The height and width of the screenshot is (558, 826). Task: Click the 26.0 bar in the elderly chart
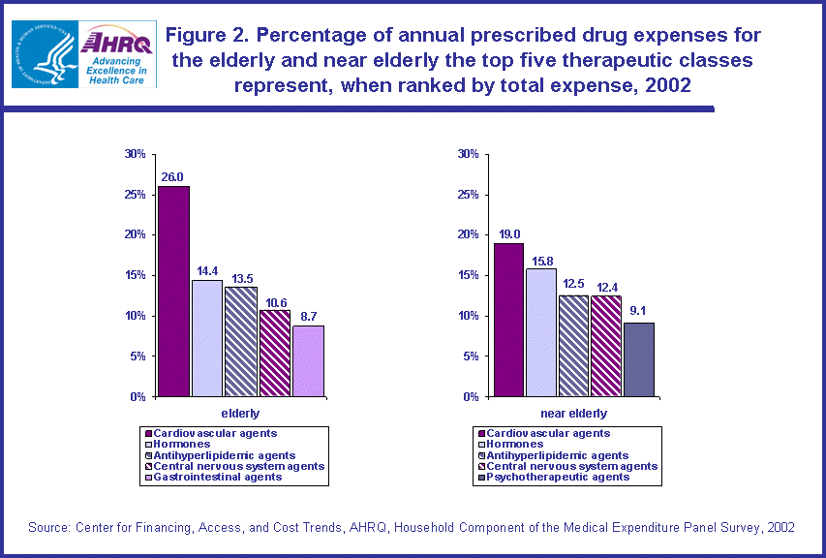(173, 291)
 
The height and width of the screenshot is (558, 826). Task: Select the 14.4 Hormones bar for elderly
(207, 338)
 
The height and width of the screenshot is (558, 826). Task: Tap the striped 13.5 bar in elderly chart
(241, 341)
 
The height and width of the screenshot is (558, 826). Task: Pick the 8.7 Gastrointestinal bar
(308, 360)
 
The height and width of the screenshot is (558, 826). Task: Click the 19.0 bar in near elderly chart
(508, 320)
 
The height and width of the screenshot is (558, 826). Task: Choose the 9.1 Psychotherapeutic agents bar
(639, 359)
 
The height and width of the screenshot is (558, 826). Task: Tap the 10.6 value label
(275, 301)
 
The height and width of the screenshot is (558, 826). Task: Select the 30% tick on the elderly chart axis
(135, 154)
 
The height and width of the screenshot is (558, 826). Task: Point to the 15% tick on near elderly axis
(468, 275)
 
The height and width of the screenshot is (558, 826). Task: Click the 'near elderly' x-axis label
(574, 414)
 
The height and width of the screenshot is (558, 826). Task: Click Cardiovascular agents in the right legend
(548, 433)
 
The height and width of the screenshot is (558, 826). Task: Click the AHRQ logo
(118, 53)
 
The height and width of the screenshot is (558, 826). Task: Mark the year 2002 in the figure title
(669, 84)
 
